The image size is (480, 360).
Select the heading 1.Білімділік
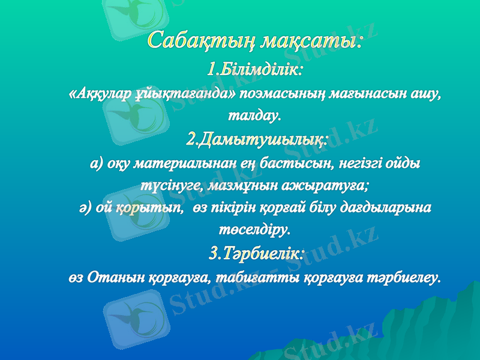255,70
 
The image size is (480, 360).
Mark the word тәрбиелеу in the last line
404,277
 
